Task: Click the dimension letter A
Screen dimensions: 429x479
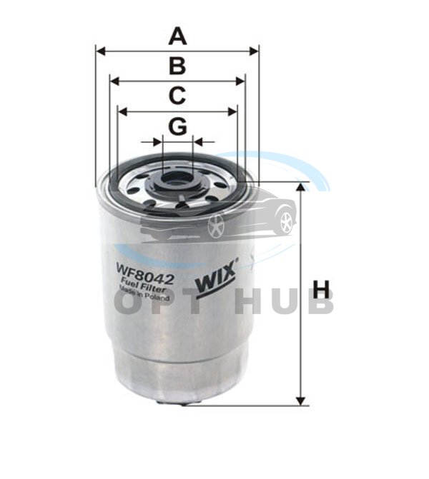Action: click(x=177, y=36)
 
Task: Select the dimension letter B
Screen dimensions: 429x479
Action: click(x=177, y=66)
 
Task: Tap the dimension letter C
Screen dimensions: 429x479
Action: click(x=177, y=96)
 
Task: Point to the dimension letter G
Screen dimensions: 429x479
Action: click(x=178, y=126)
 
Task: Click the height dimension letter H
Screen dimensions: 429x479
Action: click(x=321, y=289)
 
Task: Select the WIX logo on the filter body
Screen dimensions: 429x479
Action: click(x=217, y=279)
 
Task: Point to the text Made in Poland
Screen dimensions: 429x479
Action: click(x=144, y=293)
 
